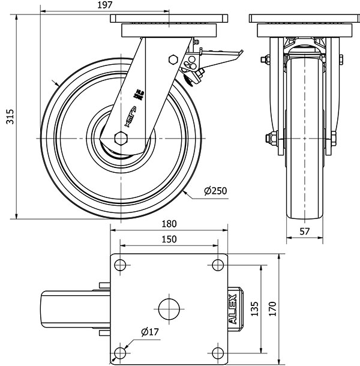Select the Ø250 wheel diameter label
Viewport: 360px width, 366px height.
215,191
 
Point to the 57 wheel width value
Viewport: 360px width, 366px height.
304,232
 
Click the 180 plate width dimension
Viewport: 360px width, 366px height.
169,224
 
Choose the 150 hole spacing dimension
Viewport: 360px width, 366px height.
169,239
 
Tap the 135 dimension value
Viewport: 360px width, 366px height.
254,309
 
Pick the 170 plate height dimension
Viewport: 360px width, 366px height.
274,309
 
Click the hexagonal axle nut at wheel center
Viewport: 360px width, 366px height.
120,139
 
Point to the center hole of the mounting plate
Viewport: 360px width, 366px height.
169,308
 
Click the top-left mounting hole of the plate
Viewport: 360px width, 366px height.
120,265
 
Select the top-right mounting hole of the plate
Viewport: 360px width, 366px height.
217,265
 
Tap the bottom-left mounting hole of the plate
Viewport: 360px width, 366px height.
120,352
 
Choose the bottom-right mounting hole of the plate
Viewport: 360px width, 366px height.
217,352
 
